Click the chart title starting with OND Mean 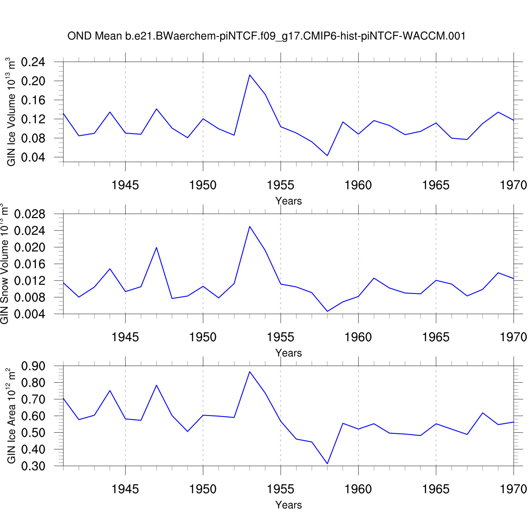click(266, 36)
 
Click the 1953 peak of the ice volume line click(250, 75)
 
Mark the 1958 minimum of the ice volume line click(327, 156)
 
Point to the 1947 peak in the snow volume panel click(156, 247)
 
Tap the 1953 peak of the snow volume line click(250, 226)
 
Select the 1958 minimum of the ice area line click(327, 464)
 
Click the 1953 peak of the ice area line click(250, 372)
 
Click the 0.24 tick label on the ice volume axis click(33, 62)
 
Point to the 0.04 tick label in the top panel click(33, 157)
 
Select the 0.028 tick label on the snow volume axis click(30, 214)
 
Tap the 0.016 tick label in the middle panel click(30, 264)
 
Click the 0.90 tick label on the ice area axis click(33, 366)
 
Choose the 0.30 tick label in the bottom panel click(33, 466)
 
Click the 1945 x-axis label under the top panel click(125, 185)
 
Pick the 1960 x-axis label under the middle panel click(358, 337)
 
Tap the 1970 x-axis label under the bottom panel click(513, 489)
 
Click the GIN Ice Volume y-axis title click(11, 112)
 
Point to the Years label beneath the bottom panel click(288, 505)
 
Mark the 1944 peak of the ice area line click(110, 390)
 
